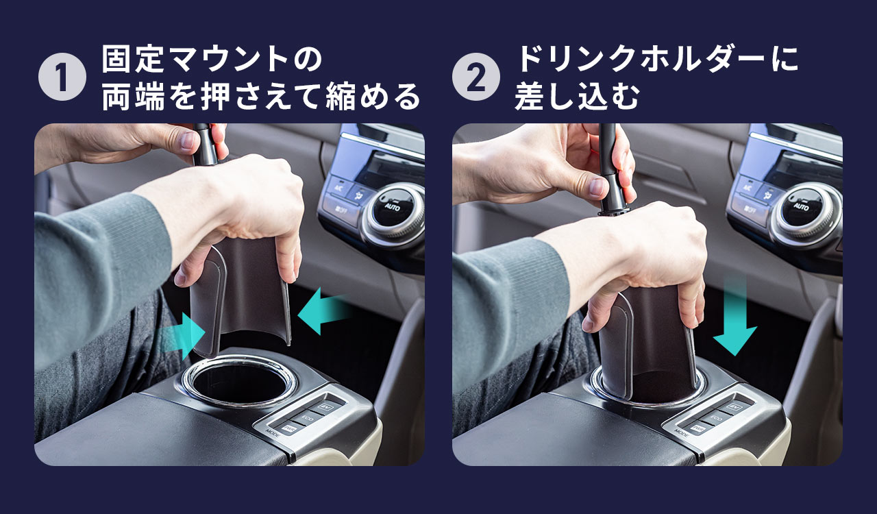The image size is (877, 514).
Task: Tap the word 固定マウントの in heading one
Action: tap(211, 60)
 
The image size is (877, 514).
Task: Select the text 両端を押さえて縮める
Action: tap(260, 97)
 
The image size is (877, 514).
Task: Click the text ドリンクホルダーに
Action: tap(656, 60)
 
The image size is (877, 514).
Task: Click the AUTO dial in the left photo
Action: tap(392, 206)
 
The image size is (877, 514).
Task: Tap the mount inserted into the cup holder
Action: tap(647, 343)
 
